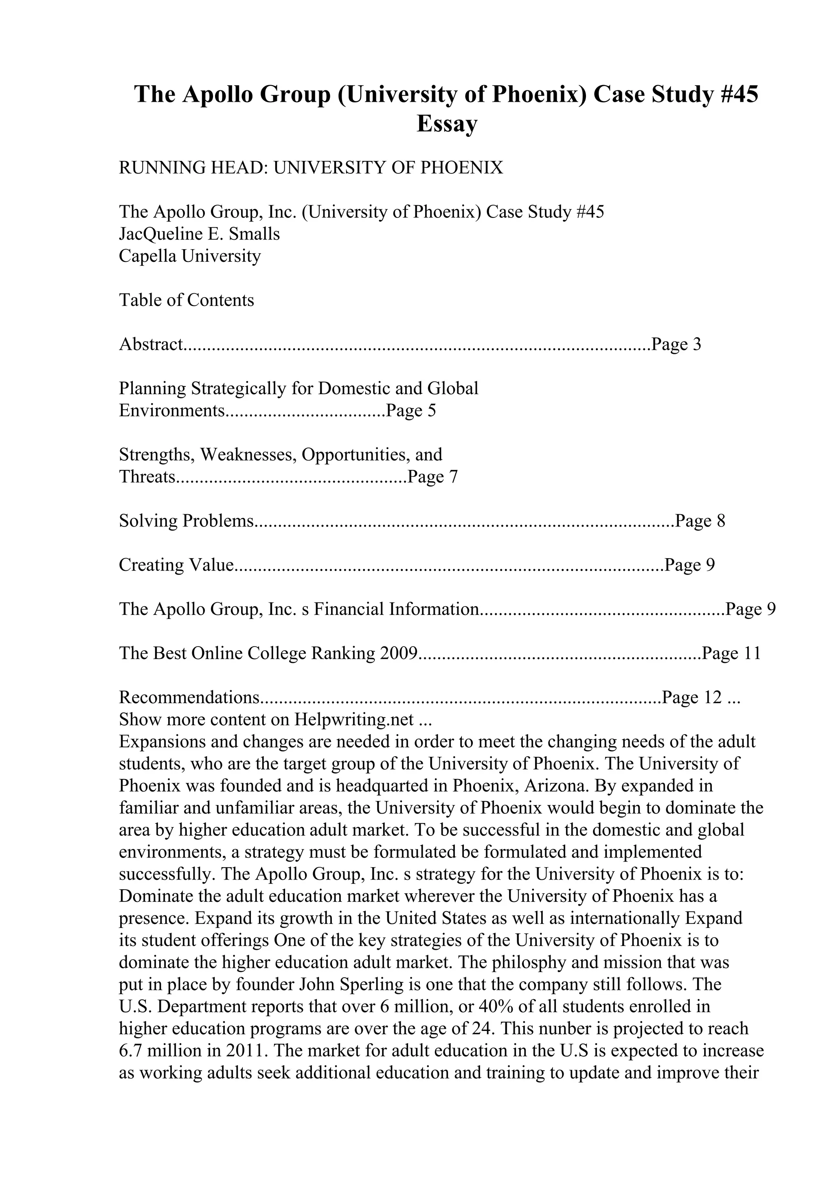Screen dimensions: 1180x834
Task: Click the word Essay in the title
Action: [x=447, y=124]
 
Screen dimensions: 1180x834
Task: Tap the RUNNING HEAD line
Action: [x=311, y=167]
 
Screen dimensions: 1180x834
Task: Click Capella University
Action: [x=190, y=256]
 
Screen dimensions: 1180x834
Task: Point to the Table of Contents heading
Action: [x=187, y=300]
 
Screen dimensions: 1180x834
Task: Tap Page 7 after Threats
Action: [x=432, y=477]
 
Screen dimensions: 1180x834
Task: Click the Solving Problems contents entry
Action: [x=187, y=521]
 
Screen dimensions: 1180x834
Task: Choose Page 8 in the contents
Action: [x=700, y=521]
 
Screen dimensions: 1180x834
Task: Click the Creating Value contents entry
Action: [x=176, y=565]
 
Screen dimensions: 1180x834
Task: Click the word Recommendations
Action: [x=188, y=697]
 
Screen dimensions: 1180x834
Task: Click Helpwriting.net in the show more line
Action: [x=354, y=719]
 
